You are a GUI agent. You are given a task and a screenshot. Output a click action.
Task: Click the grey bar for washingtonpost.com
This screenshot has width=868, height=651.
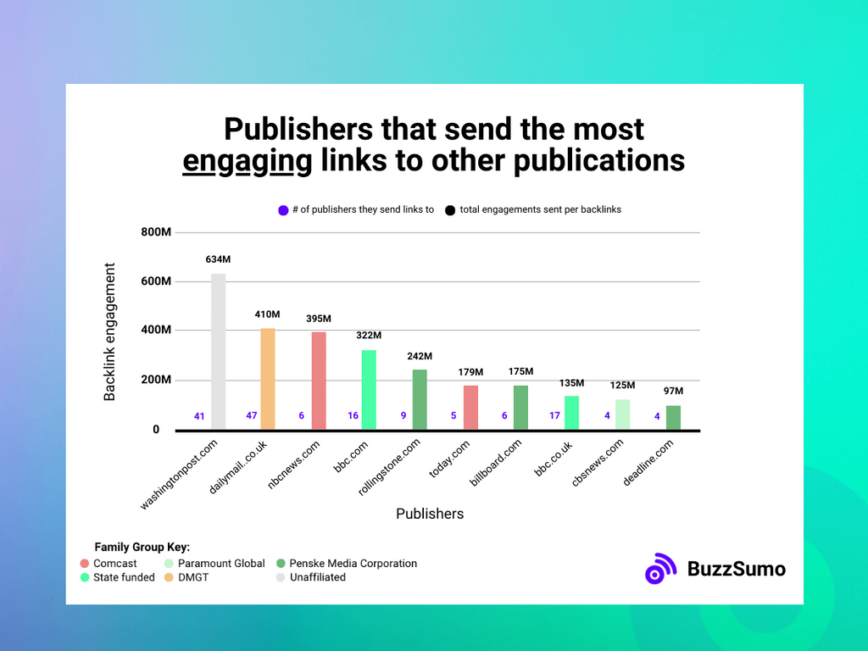218,352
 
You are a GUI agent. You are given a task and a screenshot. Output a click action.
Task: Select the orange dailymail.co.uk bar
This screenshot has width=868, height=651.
267,379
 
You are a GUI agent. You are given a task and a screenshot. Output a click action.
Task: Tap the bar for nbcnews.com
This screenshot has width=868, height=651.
318,381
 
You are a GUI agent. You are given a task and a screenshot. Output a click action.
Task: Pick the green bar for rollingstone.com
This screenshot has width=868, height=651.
420,399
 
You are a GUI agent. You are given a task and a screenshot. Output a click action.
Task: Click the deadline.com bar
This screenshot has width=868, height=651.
673,417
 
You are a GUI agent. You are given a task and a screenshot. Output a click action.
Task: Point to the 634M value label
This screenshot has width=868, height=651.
218,259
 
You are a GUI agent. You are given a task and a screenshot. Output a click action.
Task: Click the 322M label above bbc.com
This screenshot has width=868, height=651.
369,336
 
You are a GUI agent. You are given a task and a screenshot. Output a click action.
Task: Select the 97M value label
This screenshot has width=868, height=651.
673,391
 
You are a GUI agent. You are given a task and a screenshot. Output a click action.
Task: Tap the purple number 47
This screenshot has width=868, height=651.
252,416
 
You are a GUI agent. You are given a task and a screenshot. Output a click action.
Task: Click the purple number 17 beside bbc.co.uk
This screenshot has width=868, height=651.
555,416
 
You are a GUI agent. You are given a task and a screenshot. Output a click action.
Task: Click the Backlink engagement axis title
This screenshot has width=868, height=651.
110,331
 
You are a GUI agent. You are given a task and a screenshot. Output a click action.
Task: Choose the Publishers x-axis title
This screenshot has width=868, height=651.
430,514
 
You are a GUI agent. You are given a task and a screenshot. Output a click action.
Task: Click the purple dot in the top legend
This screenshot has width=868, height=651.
283,210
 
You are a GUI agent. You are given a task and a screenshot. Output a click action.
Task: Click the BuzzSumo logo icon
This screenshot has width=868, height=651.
660,569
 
